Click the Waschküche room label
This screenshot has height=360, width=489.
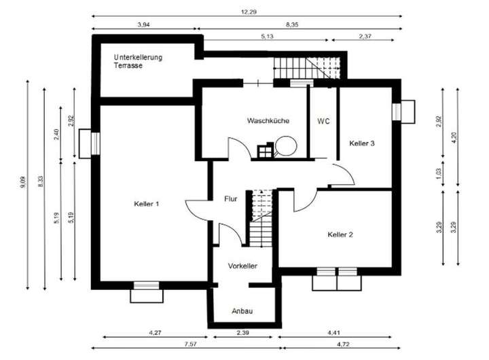coord(268,121)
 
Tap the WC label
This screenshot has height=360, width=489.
coord(323,121)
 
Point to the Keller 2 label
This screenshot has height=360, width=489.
coord(340,234)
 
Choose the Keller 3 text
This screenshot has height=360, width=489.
coord(362,143)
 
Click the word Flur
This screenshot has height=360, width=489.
coord(230,199)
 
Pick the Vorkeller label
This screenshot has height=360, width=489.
coord(242,266)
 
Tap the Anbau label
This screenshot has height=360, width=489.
coord(242,310)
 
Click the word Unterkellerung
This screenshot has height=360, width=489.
coord(139,58)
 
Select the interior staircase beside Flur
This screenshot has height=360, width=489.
coord(261,217)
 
